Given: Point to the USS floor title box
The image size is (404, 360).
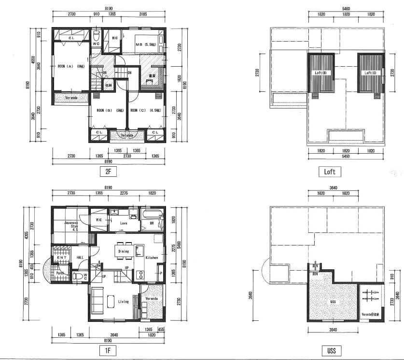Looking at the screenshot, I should pos(331,349).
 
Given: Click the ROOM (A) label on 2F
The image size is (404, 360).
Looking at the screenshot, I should pos(71,66).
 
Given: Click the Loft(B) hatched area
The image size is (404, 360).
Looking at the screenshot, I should pos(321,73).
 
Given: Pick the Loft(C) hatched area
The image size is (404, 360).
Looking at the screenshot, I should pos(370,73).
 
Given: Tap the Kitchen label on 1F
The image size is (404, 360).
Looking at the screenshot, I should pos(152,258).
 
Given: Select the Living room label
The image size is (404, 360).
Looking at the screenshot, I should pos(123,302).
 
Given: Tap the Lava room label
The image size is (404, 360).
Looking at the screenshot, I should pos(123,223).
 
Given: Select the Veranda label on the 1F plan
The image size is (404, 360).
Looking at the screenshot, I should pos(152,299).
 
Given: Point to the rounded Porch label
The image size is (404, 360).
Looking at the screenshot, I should pos(60,273).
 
